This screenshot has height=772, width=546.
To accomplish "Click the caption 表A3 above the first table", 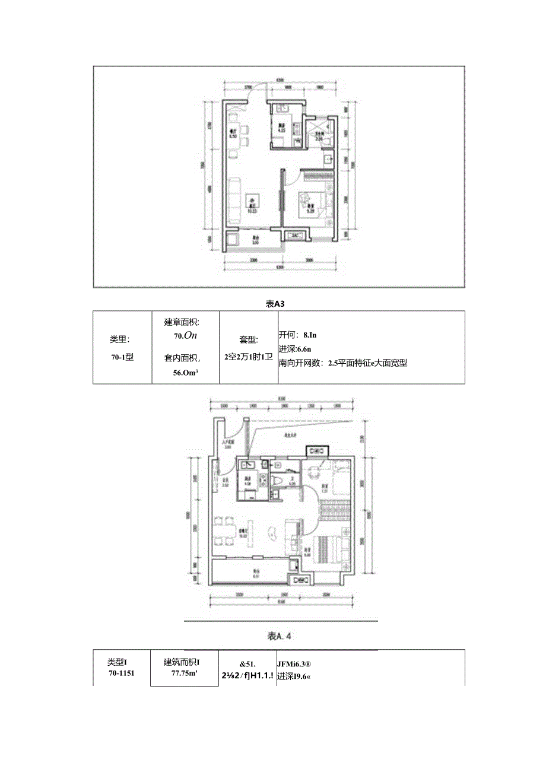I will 277,303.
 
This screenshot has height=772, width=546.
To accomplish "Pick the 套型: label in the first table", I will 248,340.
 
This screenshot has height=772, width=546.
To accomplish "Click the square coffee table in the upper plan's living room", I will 252,201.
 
